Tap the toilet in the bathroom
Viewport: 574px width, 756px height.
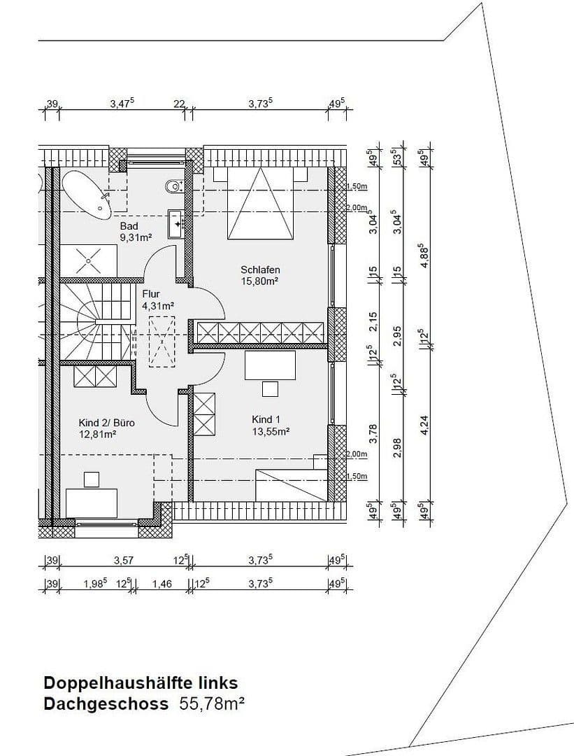(173, 186)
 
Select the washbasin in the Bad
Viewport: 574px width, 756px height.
(175, 223)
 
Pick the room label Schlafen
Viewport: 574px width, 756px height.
(260, 269)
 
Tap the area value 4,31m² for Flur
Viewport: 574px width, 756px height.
(157, 306)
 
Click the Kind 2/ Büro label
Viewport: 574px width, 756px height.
(106, 423)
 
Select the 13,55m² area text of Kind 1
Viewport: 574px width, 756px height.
(271, 432)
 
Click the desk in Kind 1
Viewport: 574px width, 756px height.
(270, 365)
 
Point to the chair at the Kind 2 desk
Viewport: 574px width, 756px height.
(91, 479)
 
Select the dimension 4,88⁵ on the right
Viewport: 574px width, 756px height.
(421, 256)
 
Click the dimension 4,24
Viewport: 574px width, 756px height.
(421, 426)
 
